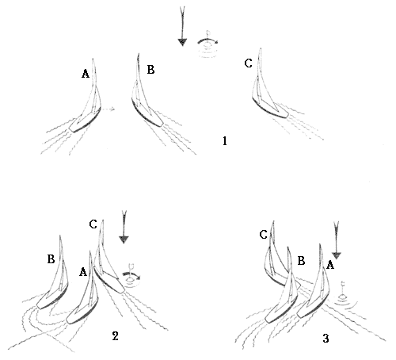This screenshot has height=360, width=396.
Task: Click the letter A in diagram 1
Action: (86, 74)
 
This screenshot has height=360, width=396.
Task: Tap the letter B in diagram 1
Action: (150, 70)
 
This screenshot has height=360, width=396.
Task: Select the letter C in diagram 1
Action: (249, 63)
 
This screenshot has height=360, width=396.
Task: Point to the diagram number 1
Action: (225, 141)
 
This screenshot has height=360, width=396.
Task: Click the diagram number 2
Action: (115, 336)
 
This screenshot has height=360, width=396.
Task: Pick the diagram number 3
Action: (326, 339)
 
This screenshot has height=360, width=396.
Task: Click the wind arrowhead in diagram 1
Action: (182, 42)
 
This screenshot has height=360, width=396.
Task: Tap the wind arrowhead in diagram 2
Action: (124, 239)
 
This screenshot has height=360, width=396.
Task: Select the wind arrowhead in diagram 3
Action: (337, 255)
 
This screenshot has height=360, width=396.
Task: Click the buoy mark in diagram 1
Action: (208, 45)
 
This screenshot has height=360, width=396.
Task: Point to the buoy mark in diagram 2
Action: (131, 277)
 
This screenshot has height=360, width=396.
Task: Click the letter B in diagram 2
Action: (51, 259)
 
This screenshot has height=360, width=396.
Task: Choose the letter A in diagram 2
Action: (83, 272)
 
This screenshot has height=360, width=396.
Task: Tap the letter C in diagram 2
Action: (93, 224)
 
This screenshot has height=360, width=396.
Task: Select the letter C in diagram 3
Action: (264, 235)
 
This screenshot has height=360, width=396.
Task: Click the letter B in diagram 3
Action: (301, 261)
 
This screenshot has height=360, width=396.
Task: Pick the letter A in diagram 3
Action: (330, 265)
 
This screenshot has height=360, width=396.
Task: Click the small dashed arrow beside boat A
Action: (109, 109)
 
